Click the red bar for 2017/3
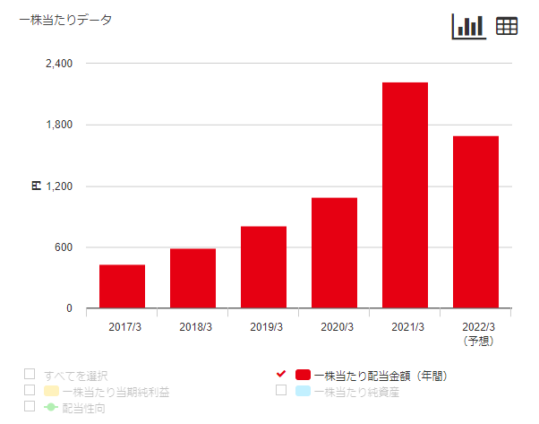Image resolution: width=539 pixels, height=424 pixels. (122, 287)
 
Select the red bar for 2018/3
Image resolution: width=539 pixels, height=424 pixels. (192, 279)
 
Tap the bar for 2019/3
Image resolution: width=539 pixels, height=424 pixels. (263, 267)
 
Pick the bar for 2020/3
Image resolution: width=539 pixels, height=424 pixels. (334, 253)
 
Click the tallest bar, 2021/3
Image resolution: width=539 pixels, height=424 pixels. (405, 195)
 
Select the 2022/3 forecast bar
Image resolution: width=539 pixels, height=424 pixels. (475, 222)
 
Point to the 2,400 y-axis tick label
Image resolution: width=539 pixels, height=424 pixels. (58, 64)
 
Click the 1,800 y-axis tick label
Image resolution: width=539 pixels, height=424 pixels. (58, 125)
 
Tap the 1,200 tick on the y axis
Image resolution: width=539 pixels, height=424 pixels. (58, 186)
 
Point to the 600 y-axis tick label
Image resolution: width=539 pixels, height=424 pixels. (62, 247)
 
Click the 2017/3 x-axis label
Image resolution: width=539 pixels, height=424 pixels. (122, 327)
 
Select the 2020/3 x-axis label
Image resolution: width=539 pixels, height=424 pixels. (334, 327)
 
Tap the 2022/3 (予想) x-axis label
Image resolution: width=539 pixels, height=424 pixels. (475, 333)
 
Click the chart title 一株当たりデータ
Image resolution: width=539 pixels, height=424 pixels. (65, 21)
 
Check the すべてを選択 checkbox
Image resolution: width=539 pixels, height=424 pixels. (30, 374)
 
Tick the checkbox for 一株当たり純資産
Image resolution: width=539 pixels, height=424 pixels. (281, 390)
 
